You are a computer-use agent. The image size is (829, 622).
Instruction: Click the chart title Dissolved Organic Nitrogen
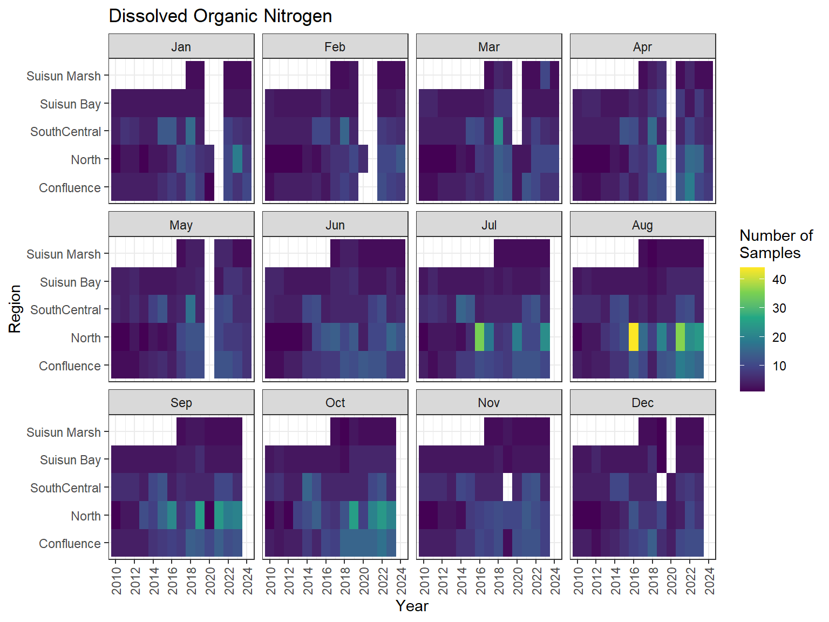[x=220, y=16]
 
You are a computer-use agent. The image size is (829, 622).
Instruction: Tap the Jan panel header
[x=181, y=47]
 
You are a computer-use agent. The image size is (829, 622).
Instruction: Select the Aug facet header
[x=642, y=225]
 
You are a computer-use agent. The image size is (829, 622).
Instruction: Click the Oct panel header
[x=335, y=403]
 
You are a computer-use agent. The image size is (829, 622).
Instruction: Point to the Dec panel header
[x=642, y=403]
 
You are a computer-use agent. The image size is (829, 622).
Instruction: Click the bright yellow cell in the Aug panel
[x=634, y=337]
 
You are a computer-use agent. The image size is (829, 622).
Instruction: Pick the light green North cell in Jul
[x=479, y=337]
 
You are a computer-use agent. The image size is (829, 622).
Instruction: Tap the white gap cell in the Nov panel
[x=507, y=487]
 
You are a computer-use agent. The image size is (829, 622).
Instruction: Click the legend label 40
[x=779, y=280]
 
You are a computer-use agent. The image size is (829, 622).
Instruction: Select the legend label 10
[x=779, y=366]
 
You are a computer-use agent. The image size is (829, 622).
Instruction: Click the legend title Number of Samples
[x=776, y=244]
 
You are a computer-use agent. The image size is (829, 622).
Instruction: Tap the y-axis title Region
[x=15, y=309]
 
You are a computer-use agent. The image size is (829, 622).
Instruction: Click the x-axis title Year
[x=412, y=606]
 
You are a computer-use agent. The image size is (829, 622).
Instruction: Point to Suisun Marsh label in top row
[x=64, y=76]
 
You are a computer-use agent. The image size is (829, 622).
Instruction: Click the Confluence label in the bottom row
[x=70, y=544]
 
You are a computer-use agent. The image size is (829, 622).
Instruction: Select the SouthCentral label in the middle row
[x=66, y=310]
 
